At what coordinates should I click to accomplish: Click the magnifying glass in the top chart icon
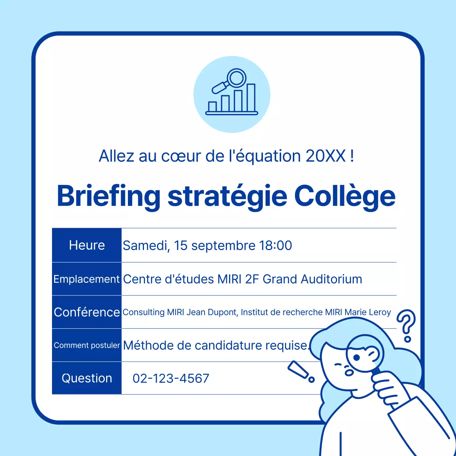coord(235,78)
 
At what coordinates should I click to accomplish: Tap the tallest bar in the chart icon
coord(251,98)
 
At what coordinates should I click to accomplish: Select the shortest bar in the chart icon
coord(213,106)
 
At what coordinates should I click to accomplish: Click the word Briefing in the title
coord(109,196)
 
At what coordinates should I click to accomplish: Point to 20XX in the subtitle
coord(326,156)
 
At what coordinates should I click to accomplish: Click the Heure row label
coord(87,245)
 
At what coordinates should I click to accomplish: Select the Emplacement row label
coord(87,279)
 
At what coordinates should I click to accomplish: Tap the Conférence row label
coord(87,312)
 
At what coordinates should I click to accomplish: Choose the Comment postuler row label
coord(87,345)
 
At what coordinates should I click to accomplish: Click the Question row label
coord(87,378)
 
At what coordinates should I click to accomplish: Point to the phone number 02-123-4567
coord(171,378)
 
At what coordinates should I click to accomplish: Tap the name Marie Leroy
coord(368,312)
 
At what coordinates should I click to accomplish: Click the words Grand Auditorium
coord(312,279)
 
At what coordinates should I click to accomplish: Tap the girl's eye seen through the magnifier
coord(357,357)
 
